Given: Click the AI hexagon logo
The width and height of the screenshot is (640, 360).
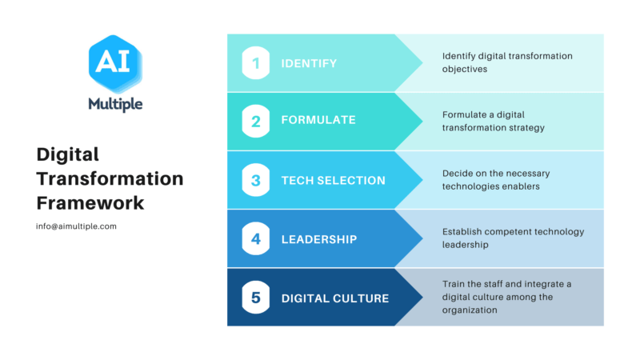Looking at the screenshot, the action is [x=115, y=63].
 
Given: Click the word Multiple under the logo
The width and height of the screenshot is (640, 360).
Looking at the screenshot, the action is [x=115, y=105].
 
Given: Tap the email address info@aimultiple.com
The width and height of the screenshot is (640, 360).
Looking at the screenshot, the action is [x=76, y=226].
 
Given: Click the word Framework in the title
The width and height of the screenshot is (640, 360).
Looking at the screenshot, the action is [x=90, y=203].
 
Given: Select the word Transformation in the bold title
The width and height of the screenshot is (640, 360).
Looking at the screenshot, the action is [x=110, y=178].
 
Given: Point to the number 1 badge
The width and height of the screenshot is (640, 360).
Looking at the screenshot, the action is [x=256, y=63].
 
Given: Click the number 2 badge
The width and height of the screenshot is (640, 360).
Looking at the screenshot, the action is [x=256, y=122].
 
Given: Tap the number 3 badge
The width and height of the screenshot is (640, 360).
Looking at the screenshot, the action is [x=256, y=180].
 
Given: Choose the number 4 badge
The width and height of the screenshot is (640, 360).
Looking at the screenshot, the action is [x=256, y=238].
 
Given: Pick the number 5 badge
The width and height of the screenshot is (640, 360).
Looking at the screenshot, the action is [x=256, y=298].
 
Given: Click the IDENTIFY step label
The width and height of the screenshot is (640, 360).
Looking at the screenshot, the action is [x=309, y=63].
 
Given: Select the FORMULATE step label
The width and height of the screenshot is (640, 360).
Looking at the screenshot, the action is [x=318, y=120].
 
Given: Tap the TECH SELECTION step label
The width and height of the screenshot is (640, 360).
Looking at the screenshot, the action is [x=333, y=181].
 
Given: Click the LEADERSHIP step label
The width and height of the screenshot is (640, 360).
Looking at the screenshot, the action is [x=319, y=239].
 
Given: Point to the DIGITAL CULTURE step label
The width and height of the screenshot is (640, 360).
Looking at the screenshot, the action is [x=335, y=298].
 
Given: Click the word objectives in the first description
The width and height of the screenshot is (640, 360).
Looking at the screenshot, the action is [x=465, y=69].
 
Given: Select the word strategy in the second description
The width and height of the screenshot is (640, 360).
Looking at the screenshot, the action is [x=526, y=128].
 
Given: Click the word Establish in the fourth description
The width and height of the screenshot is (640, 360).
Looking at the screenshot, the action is [x=462, y=232].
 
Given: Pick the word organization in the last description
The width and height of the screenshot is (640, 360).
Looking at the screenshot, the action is [x=470, y=310].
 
